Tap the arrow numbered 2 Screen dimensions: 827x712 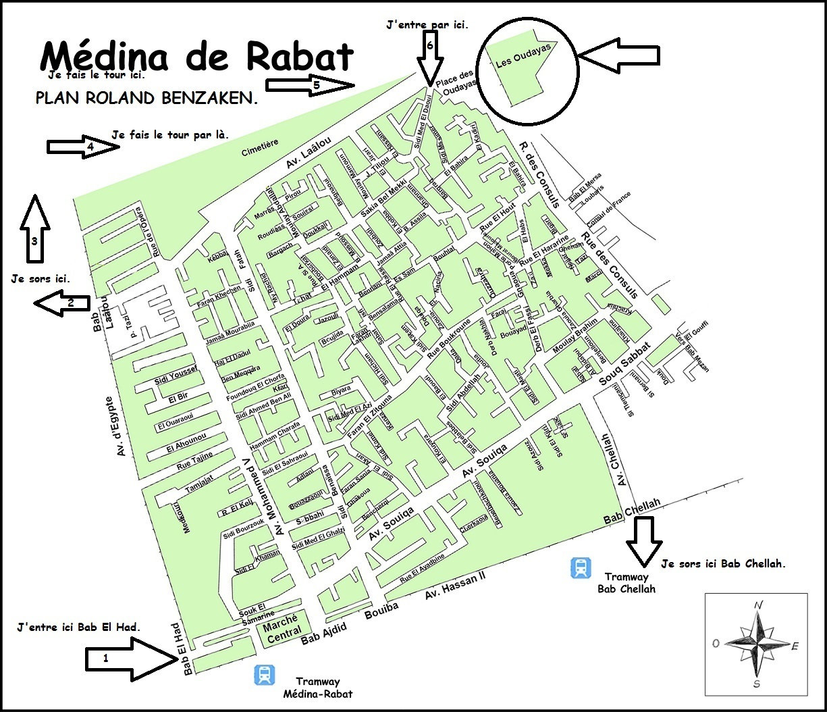(61, 303)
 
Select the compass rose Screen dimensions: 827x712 (756, 644)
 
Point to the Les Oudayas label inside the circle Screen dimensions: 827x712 (524, 55)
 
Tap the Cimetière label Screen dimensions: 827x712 (260, 148)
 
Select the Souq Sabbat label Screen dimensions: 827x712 (624, 365)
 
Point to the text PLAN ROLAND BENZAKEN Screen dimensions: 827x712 (146, 99)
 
